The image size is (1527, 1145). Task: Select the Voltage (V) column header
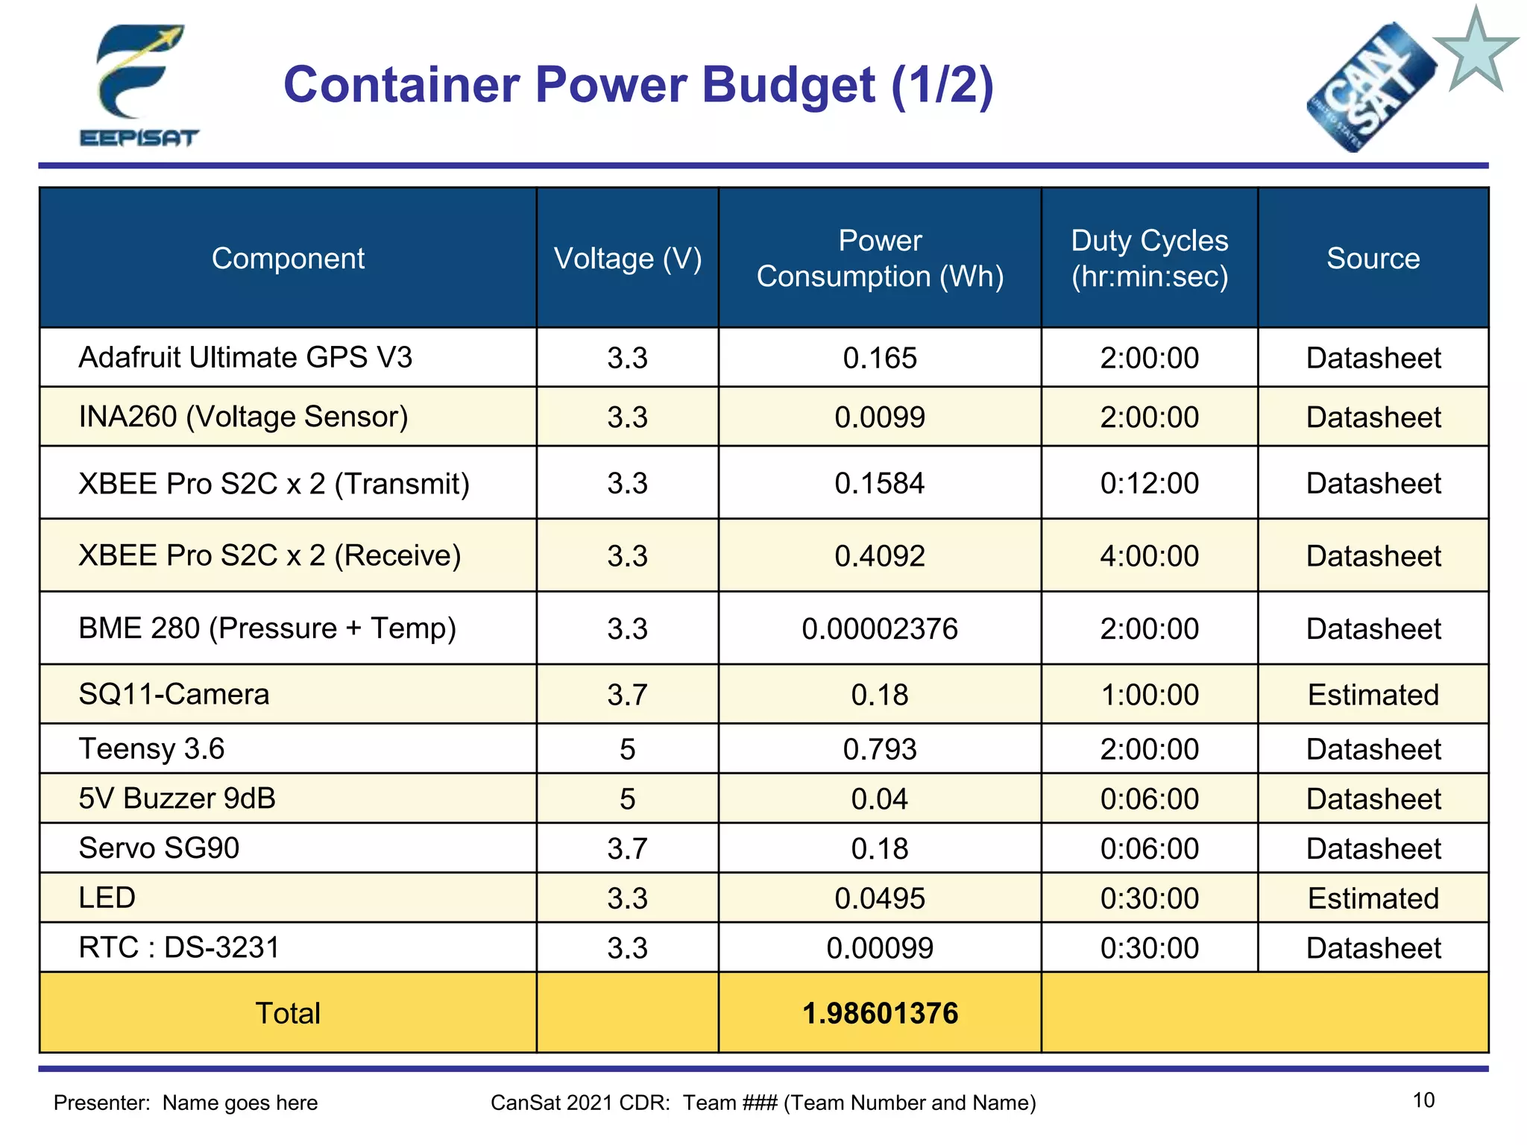(x=627, y=259)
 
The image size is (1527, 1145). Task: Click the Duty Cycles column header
(x=1149, y=258)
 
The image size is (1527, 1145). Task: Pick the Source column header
(x=1373, y=259)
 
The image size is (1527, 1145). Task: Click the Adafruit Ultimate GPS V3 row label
(x=245, y=357)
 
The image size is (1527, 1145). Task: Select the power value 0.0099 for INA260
(x=879, y=417)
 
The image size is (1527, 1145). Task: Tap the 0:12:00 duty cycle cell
(x=1149, y=483)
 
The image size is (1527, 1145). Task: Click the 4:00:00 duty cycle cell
(x=1149, y=556)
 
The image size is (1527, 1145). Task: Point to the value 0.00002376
(x=879, y=628)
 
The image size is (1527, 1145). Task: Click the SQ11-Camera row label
(x=174, y=694)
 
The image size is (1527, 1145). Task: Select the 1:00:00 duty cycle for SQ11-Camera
(x=1149, y=695)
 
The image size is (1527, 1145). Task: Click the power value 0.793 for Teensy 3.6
(x=879, y=749)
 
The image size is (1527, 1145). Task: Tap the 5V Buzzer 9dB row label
(x=177, y=798)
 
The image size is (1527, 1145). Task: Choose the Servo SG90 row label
(x=159, y=848)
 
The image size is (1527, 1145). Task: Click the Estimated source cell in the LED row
(x=1373, y=898)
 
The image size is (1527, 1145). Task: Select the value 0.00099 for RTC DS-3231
(x=879, y=948)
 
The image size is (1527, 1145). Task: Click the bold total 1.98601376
(x=879, y=1013)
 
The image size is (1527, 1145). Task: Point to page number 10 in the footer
(x=1423, y=1100)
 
